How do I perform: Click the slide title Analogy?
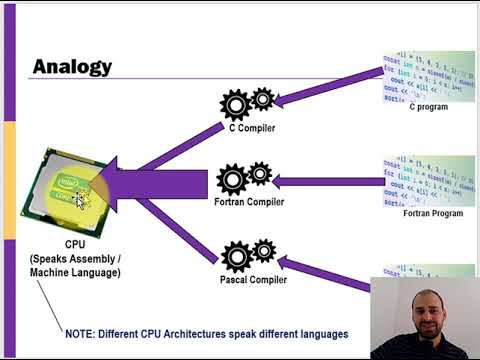coord(72,67)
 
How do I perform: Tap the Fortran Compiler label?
coord(248,202)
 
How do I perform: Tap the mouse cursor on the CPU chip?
coord(81,198)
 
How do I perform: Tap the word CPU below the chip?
coord(74,243)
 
